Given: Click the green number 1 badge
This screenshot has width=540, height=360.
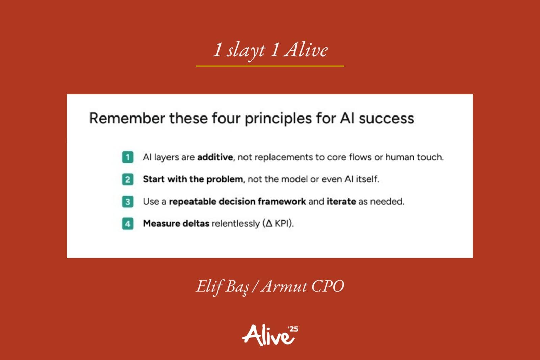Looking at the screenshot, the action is pyautogui.click(x=128, y=157).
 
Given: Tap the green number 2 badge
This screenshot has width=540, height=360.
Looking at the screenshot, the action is pyautogui.click(x=128, y=179).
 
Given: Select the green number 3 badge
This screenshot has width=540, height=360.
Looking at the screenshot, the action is pyautogui.click(x=128, y=202).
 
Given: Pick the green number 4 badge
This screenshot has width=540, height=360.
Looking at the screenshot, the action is pyautogui.click(x=128, y=224).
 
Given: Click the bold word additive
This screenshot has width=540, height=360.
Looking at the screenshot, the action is pyautogui.click(x=215, y=157).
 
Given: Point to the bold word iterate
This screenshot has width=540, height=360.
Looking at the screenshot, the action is pyautogui.click(x=341, y=201).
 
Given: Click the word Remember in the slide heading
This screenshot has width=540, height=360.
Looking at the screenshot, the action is pyautogui.click(x=127, y=119).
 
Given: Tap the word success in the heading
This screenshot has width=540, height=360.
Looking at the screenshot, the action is pyautogui.click(x=386, y=119).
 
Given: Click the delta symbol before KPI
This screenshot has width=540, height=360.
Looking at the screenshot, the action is pyautogui.click(x=269, y=224).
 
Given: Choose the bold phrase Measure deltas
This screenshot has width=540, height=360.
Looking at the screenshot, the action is pyautogui.click(x=176, y=224).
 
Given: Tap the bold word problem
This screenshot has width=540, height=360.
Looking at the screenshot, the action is pyautogui.click(x=225, y=179).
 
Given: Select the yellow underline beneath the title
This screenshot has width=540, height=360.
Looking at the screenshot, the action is pyautogui.click(x=270, y=66).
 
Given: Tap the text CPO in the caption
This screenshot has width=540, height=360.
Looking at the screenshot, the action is pyautogui.click(x=328, y=286).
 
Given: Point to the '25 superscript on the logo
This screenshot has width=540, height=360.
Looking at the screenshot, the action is pyautogui.click(x=293, y=329).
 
